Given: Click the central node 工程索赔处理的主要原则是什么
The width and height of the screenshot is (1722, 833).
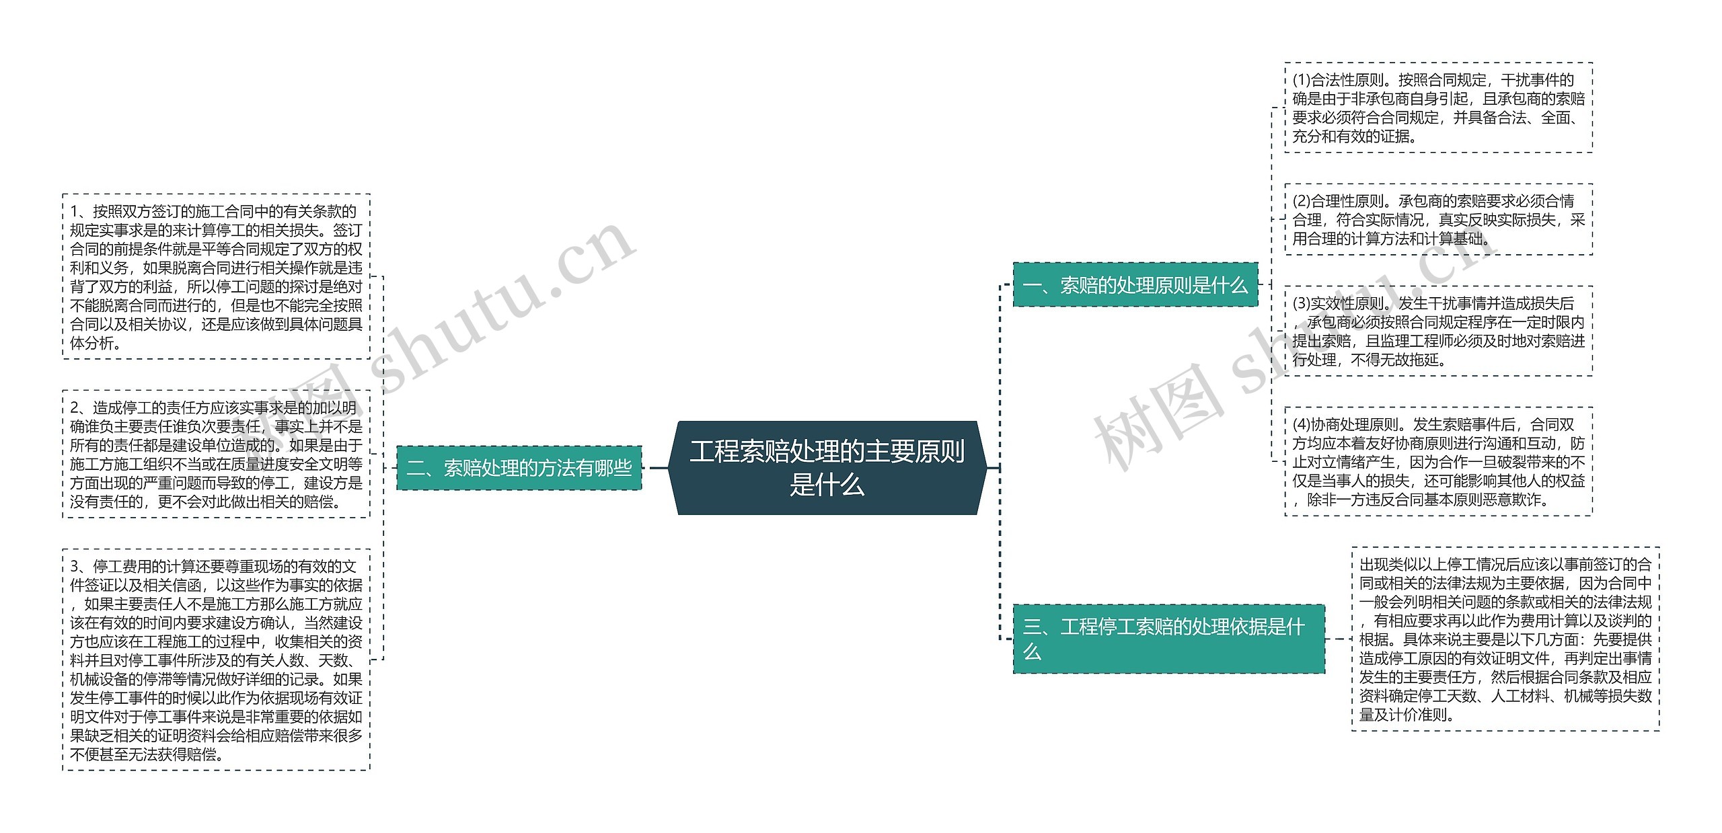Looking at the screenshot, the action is point(827,468).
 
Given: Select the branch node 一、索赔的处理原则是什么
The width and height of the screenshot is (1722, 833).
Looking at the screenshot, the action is point(1135,285).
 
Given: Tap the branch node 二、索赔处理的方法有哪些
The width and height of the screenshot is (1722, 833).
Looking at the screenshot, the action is point(519,468).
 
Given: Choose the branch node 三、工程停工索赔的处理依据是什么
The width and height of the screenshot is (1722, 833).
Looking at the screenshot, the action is point(1168,639).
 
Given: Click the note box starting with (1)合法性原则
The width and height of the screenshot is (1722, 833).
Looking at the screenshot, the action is point(1438,108).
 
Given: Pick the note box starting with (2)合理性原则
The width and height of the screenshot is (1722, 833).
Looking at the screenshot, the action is point(1438,219).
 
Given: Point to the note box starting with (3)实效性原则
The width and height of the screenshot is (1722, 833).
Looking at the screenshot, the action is point(1438,331).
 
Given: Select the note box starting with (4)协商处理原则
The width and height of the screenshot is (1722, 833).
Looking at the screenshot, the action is point(1438,461).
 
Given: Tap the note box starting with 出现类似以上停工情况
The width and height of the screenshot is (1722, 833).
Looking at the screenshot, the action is point(1505,639).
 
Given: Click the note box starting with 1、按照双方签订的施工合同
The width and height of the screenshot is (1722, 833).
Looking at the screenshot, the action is point(216,276).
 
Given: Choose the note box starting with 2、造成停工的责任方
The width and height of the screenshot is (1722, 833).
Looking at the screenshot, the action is point(216,454).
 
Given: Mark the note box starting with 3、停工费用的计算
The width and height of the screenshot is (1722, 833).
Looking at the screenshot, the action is point(216,660).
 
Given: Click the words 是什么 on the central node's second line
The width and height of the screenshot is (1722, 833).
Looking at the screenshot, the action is point(827,485).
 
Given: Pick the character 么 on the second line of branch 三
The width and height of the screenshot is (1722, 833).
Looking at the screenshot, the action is point(1032,651).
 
